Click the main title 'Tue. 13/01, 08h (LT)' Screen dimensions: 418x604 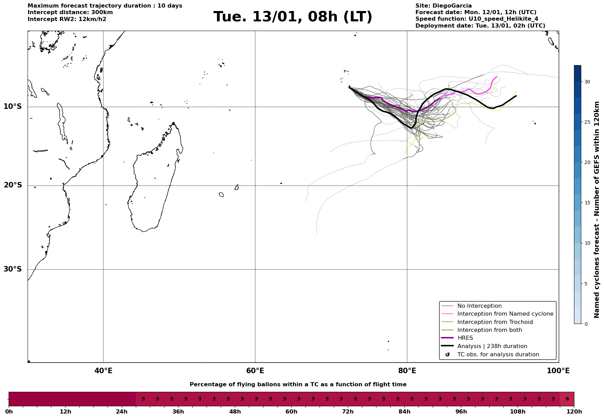[x=293, y=17]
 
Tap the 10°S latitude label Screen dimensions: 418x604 [x=13, y=106]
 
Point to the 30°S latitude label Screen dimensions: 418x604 [x=13, y=269]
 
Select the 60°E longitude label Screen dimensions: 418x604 [x=255, y=371]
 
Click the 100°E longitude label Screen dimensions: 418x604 [x=558, y=371]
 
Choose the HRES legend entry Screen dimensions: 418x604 [x=465, y=338]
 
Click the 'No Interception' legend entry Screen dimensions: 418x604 [x=479, y=306]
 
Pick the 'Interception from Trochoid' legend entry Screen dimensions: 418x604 [x=495, y=322]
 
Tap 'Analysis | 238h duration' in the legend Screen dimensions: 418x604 [x=492, y=346]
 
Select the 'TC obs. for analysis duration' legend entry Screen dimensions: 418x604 [x=498, y=355]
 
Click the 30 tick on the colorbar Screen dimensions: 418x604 [x=587, y=82]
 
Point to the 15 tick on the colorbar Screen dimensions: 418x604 [x=587, y=203]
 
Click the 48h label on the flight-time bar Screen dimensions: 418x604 [x=235, y=412]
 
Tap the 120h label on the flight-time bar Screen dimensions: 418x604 [x=574, y=412]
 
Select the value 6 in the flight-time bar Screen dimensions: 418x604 [x=567, y=399]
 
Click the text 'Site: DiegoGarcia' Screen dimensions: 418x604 [x=443, y=6]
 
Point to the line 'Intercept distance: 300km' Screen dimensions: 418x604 [x=70, y=12]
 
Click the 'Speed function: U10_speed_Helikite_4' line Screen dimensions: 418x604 [x=476, y=19]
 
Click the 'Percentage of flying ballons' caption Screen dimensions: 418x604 [x=298, y=385]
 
